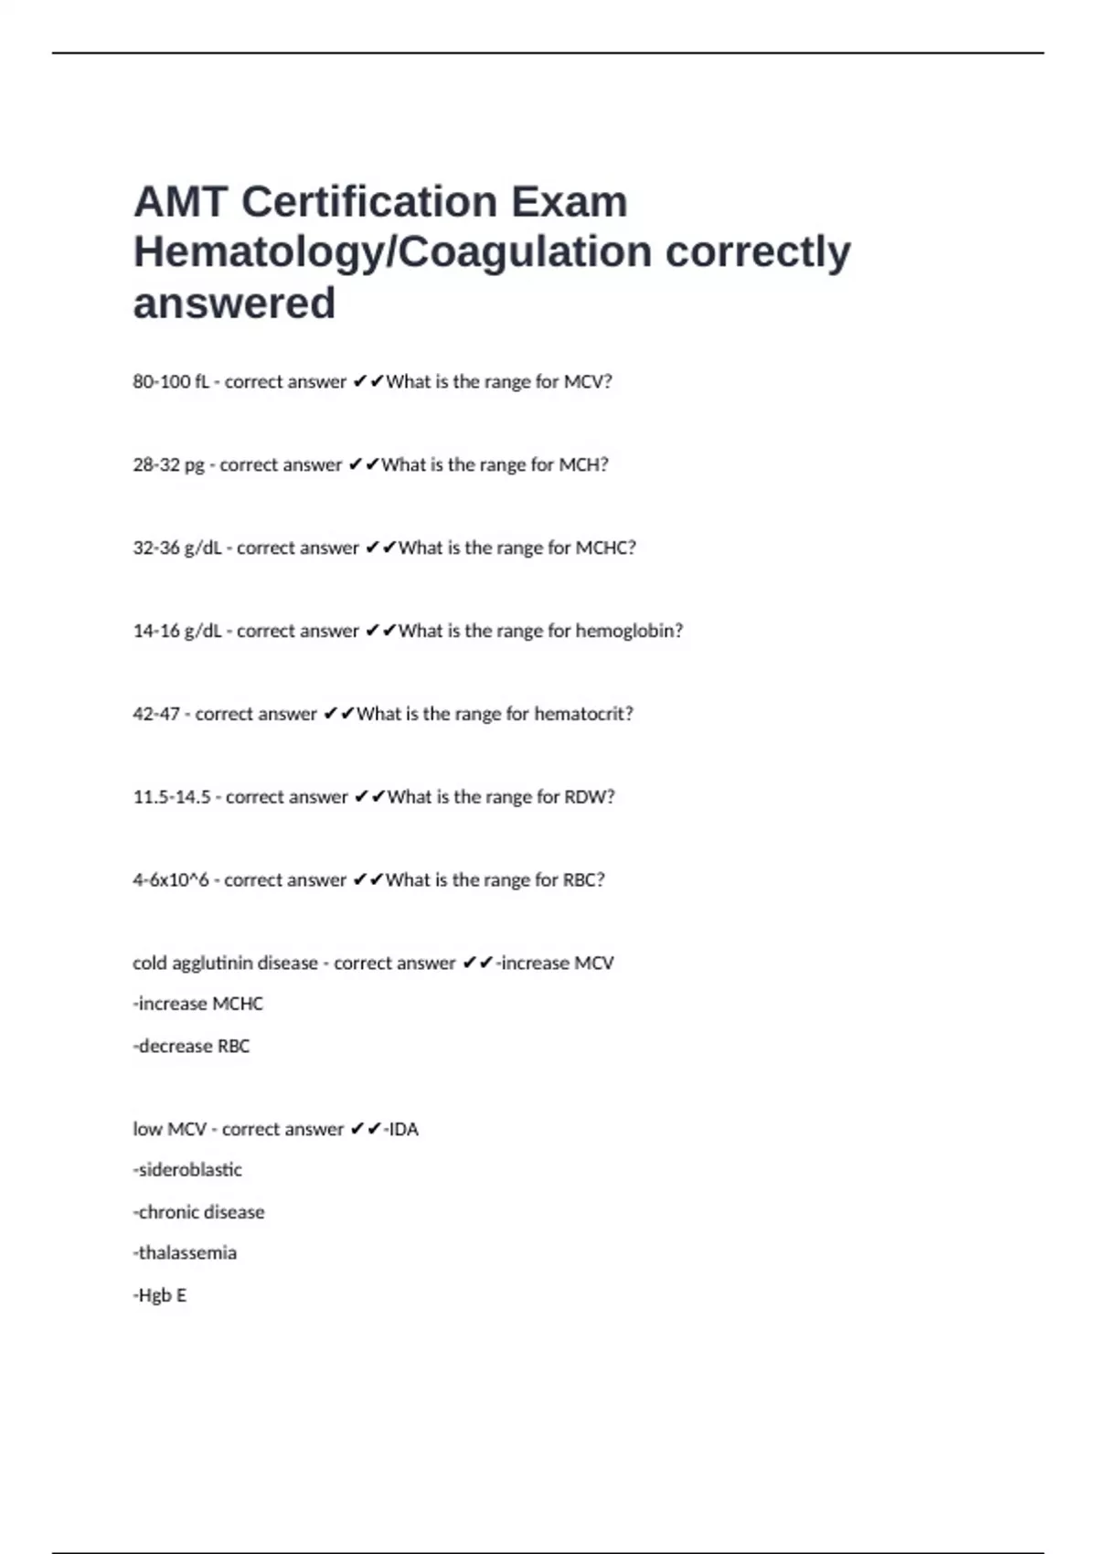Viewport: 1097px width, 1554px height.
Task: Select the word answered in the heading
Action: (234, 303)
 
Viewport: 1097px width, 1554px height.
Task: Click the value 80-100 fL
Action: (171, 382)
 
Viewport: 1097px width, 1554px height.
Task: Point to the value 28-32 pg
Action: (168, 465)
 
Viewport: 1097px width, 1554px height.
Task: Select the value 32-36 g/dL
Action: (177, 548)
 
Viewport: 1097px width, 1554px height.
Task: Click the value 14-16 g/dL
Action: (177, 632)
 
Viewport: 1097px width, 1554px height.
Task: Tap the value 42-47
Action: (156, 714)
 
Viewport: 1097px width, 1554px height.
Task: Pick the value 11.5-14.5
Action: (172, 797)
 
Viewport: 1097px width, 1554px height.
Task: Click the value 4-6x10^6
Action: (171, 880)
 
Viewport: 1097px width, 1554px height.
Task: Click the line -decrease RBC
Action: (191, 1047)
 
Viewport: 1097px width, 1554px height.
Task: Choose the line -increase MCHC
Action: (197, 1005)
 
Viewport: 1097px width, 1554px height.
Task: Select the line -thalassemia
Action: (185, 1253)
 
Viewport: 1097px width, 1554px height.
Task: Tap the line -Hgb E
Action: (160, 1295)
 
